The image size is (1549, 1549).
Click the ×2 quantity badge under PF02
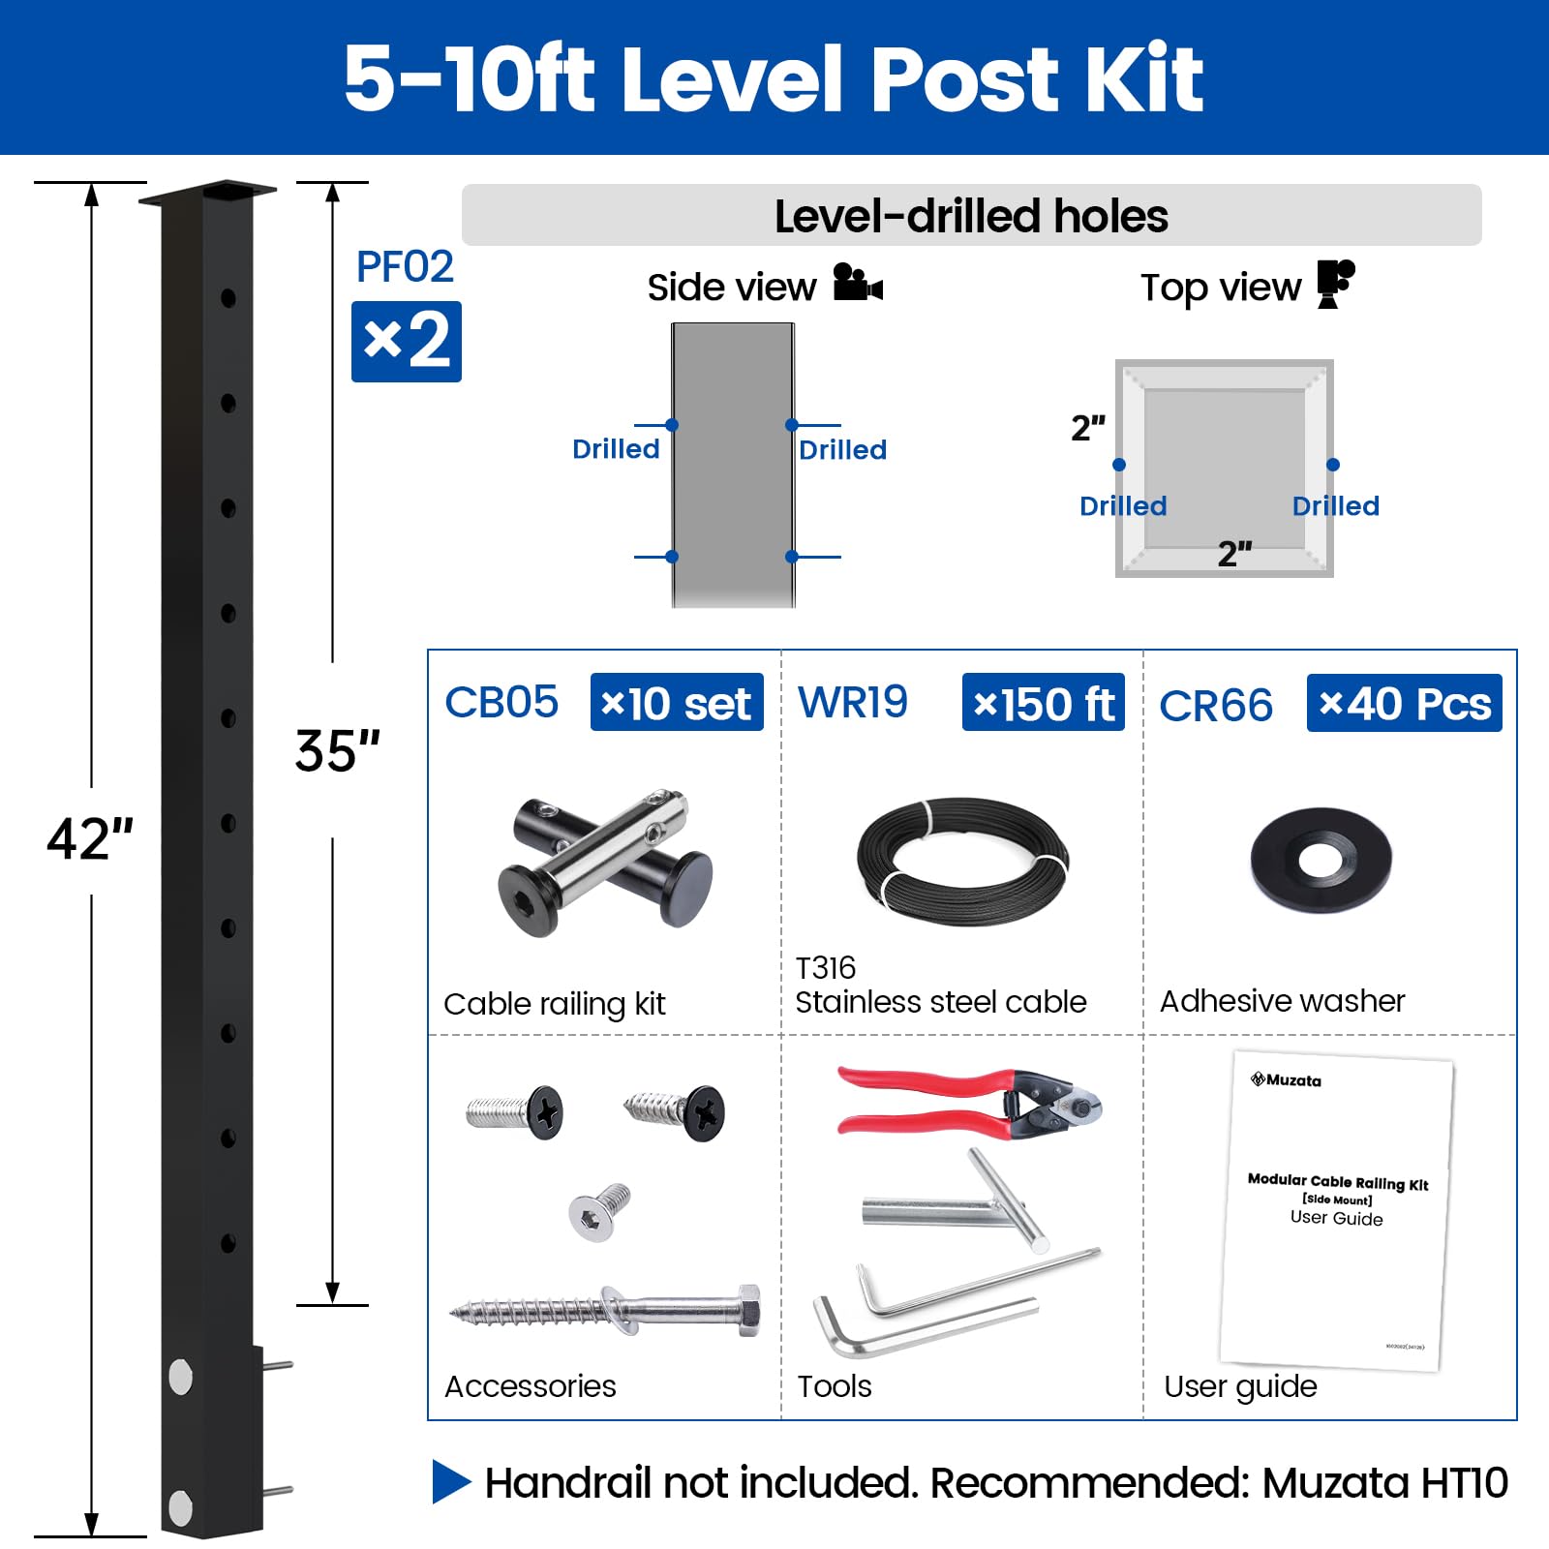[407, 342]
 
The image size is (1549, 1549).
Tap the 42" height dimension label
[90, 838]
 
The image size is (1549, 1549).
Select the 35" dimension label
[337, 750]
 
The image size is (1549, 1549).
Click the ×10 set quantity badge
[677, 702]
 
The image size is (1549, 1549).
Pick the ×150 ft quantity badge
[1044, 702]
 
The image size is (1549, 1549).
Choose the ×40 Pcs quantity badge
[1405, 703]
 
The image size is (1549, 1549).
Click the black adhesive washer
[1321, 861]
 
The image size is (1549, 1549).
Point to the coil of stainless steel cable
[963, 862]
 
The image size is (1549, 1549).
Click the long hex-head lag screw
[605, 1312]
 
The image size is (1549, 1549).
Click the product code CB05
[501, 702]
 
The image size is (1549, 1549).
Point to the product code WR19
[853, 702]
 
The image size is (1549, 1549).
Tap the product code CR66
[1216, 706]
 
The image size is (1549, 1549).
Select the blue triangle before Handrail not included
[450, 1481]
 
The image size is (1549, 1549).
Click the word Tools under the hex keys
[835, 1386]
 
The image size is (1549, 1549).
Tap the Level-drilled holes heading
[971, 216]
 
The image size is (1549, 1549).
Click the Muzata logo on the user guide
[1286, 1079]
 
